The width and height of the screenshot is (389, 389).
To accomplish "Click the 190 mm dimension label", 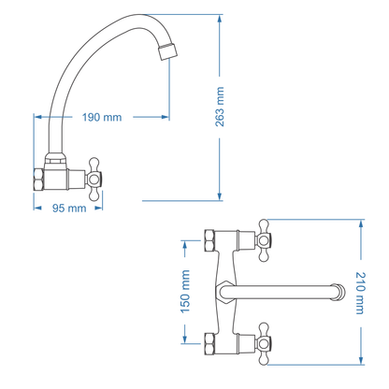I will (102, 117).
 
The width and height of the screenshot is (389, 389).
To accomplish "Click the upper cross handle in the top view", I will (268, 241).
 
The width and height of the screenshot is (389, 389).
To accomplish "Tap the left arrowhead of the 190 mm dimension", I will (37, 117).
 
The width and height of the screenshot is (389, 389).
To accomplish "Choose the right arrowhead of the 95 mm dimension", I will (103, 209).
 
